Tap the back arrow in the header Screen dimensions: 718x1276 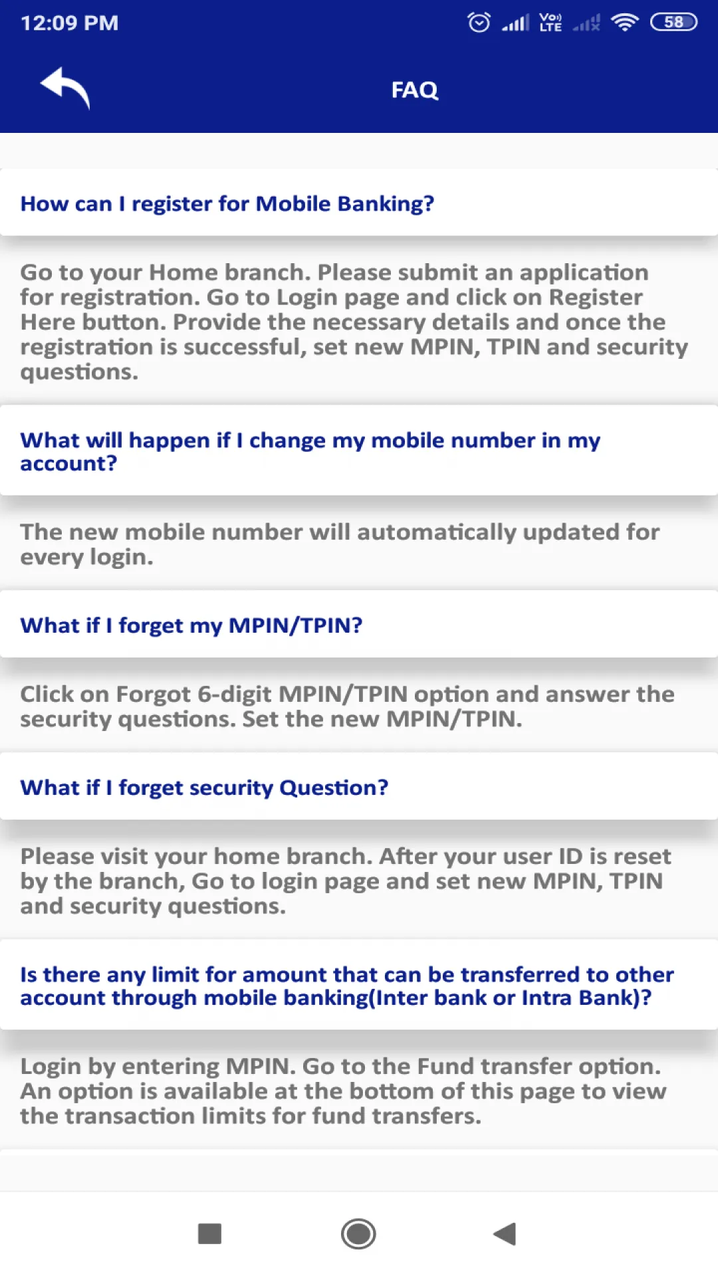tap(65, 88)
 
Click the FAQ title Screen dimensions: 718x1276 tap(415, 90)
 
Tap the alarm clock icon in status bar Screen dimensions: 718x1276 tap(479, 23)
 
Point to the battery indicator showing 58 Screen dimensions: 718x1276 tap(673, 23)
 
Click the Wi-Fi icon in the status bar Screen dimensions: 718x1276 tap(625, 23)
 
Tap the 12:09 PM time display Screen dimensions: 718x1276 tap(70, 23)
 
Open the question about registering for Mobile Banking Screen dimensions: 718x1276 tap(227, 203)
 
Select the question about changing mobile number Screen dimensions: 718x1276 tap(310, 451)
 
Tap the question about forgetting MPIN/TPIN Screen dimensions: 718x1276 tap(191, 625)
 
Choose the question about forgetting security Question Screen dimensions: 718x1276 tap(204, 788)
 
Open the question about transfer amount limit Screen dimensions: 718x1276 tap(347, 986)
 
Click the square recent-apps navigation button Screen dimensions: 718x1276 tap(209, 1233)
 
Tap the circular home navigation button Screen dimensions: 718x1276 tap(358, 1234)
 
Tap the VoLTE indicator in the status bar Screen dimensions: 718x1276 tap(550, 23)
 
